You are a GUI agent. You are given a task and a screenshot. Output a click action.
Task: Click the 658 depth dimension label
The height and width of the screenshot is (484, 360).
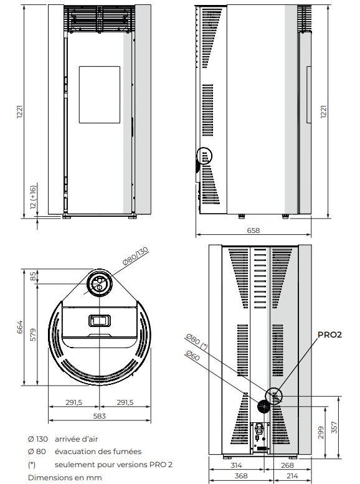pyautogui.click(x=253, y=230)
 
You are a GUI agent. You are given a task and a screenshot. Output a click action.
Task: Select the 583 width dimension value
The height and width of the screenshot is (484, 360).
pyautogui.click(x=100, y=416)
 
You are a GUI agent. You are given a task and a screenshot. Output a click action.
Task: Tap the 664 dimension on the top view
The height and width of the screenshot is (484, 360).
pyautogui.click(x=20, y=327)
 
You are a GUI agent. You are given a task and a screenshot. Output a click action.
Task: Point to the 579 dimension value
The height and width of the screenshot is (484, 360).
pyautogui.click(x=33, y=335)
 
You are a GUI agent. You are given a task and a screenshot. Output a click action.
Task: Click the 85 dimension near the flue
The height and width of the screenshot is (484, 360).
pyautogui.click(x=33, y=276)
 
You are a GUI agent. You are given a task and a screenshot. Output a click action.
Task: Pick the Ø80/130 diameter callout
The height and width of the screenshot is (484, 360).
pyautogui.click(x=135, y=256)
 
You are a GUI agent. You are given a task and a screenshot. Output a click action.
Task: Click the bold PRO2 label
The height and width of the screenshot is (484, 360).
pyautogui.click(x=329, y=335)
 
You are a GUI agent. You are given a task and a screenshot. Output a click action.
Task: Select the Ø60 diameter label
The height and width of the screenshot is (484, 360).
pyautogui.click(x=193, y=355)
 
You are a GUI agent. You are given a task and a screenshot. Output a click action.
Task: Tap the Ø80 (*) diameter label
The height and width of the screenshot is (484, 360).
pyautogui.click(x=197, y=341)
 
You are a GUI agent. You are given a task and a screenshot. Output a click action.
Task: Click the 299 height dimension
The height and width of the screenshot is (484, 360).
pyautogui.click(x=321, y=432)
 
